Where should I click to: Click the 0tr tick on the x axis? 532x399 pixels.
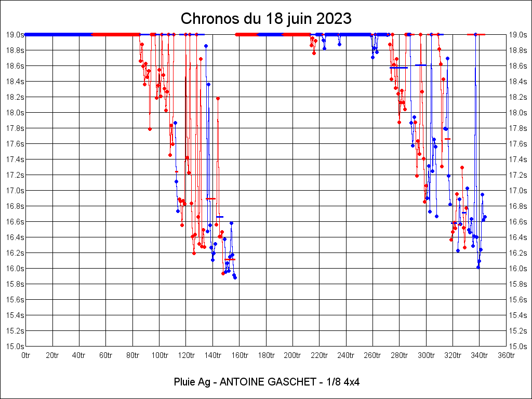click(26, 355)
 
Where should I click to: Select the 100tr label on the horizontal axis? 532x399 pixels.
click(159, 355)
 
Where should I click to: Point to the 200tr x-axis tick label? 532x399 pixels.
click(292, 355)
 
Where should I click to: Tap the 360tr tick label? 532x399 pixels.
click(506, 355)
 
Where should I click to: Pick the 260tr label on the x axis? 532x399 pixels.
click(373, 355)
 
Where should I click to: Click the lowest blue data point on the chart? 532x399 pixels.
click(235, 277)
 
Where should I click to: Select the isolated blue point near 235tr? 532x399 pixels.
click(339, 44)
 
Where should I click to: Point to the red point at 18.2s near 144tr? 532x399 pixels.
click(218, 98)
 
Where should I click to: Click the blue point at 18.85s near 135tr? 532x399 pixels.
click(206, 46)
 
